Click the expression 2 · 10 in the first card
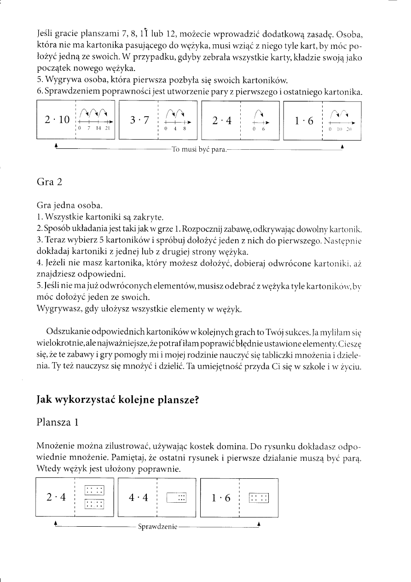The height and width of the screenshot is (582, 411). (x=57, y=120)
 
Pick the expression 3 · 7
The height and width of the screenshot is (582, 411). (x=139, y=120)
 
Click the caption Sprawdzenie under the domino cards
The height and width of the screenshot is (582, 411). (x=157, y=526)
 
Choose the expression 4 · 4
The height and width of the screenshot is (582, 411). (x=139, y=497)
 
